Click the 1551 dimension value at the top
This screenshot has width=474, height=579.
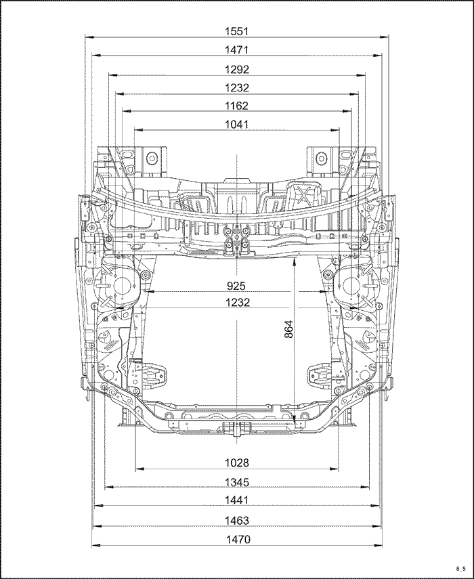coord(236,31)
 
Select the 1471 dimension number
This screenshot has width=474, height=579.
coord(236,50)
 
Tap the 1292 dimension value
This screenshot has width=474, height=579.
coord(237,70)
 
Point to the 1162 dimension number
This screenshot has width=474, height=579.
coord(236,106)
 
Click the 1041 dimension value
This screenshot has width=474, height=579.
coord(236,125)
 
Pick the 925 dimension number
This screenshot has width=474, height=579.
coord(236,286)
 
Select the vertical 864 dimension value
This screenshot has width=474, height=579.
coord(288,329)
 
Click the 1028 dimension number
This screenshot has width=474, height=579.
coord(237,463)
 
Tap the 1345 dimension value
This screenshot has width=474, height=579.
coord(237,482)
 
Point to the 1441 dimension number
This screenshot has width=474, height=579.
coord(236,500)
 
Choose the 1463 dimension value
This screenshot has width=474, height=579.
coord(237,521)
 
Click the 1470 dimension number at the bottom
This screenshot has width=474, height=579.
coord(238,540)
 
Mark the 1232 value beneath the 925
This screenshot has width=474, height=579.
coord(238,303)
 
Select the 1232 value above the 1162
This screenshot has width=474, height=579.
coord(237,88)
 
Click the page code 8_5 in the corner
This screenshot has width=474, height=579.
coord(460,568)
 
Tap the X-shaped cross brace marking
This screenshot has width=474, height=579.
coord(303,194)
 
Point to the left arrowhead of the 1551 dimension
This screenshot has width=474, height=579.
coord(89,37)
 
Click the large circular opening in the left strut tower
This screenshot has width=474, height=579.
coord(121,286)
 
